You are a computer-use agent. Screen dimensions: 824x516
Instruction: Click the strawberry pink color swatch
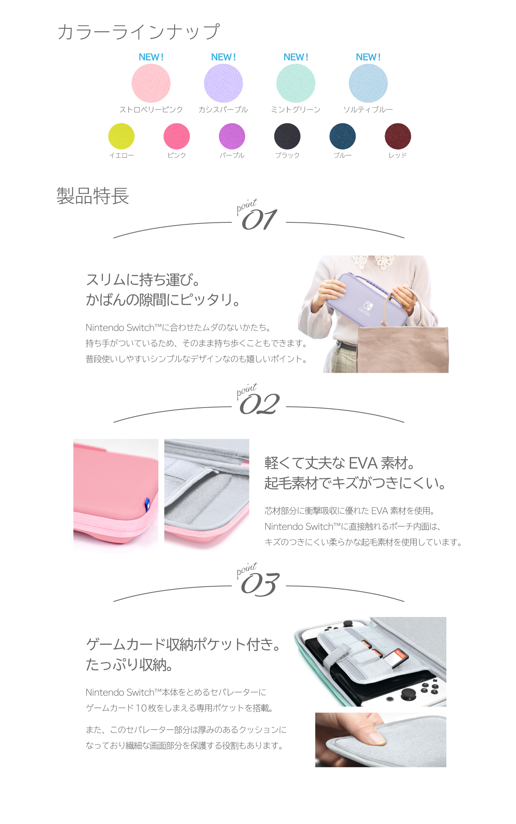click(x=151, y=84)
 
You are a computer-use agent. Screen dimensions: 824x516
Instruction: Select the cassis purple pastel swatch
click(x=223, y=84)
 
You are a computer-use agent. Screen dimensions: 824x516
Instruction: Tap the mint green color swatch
click(x=295, y=84)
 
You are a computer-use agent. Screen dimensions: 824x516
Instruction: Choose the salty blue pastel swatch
click(x=368, y=84)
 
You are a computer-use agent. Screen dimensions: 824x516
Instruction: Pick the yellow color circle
click(x=121, y=136)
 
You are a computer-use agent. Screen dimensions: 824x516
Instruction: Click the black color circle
click(x=287, y=136)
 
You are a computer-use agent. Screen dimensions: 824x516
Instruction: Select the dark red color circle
click(x=398, y=136)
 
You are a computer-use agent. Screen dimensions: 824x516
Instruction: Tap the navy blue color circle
click(x=343, y=136)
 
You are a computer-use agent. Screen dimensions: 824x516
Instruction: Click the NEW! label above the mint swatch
click(x=295, y=57)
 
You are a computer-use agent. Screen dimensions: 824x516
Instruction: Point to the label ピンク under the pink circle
click(x=177, y=155)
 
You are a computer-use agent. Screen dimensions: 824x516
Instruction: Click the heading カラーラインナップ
click(x=138, y=32)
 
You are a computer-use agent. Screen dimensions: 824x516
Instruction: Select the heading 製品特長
click(x=93, y=197)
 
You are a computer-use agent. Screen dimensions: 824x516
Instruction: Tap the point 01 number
click(x=259, y=220)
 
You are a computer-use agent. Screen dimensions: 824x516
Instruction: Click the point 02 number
click(x=259, y=404)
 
